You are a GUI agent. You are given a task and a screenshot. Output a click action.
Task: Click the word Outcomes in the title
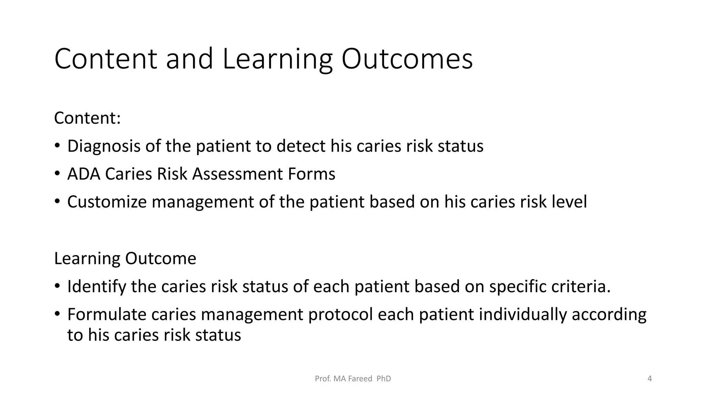coord(407,59)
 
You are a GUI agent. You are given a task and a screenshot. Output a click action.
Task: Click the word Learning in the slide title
coord(278,59)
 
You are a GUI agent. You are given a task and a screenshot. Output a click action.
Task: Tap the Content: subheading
coord(88,118)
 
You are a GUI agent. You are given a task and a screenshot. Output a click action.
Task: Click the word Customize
coord(107,202)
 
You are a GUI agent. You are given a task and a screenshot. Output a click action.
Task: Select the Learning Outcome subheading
coord(125,258)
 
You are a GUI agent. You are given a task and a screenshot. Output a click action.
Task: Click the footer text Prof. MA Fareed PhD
coord(353,379)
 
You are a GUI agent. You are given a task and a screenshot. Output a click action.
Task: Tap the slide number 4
coord(649,379)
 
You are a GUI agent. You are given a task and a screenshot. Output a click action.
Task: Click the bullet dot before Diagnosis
coord(57,146)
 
